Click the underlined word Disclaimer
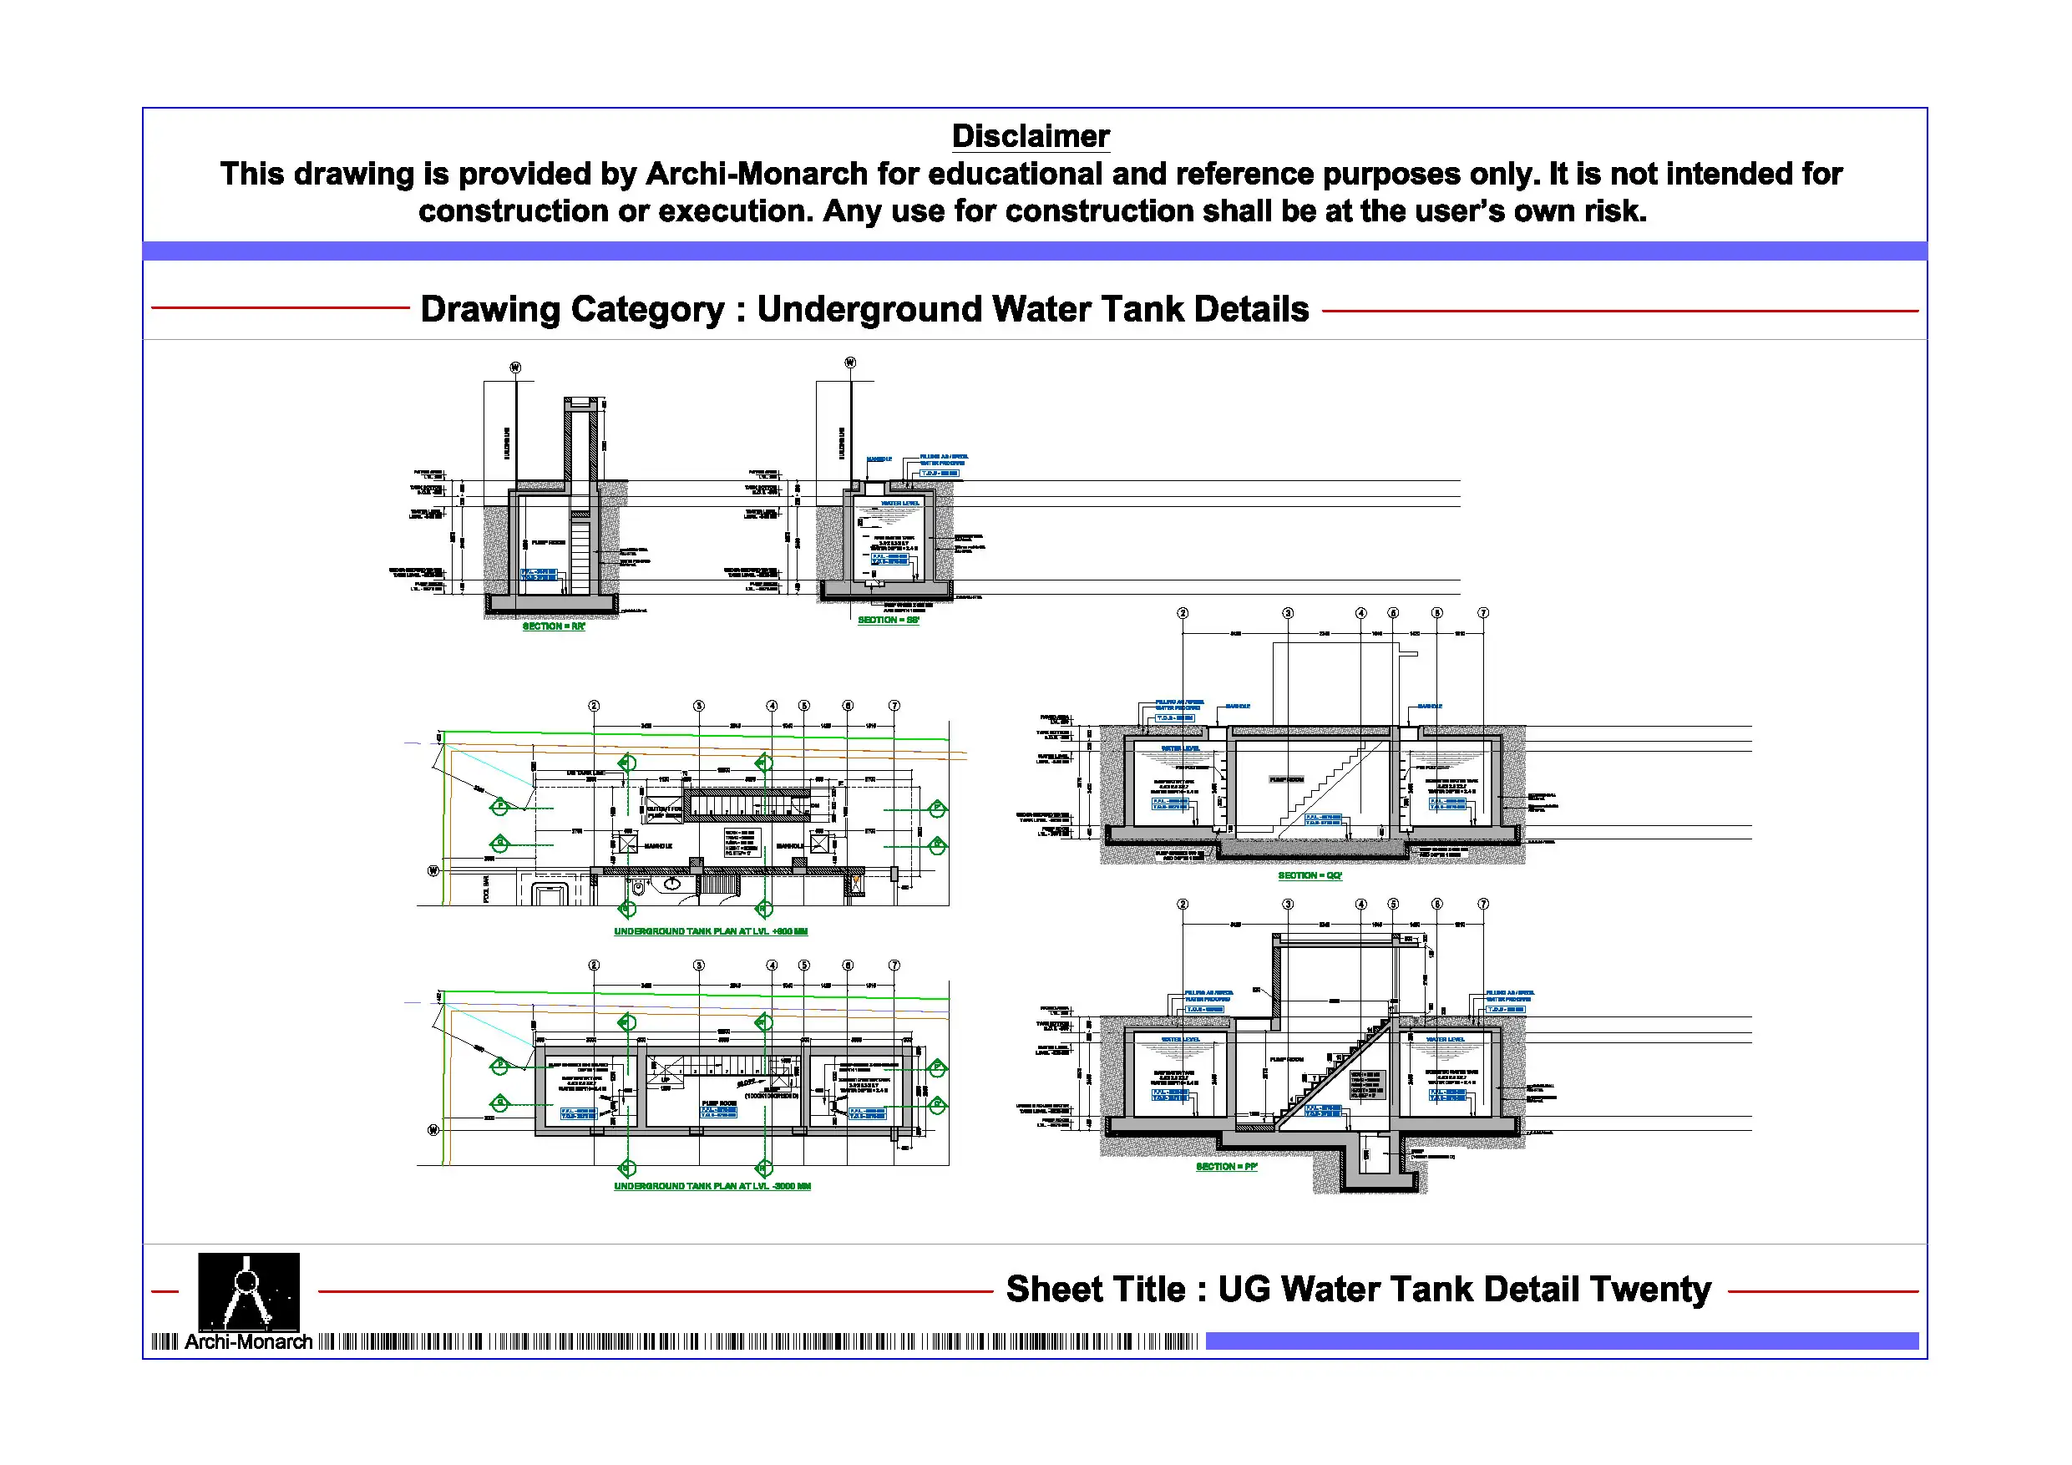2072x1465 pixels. point(1030,136)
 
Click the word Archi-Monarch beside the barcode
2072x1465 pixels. point(248,1341)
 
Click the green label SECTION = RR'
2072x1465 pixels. point(553,626)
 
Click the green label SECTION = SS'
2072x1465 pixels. point(888,620)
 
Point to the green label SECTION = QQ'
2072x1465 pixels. point(1310,875)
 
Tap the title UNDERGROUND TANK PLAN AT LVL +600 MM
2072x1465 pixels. point(710,931)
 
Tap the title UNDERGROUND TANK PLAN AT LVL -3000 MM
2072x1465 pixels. point(712,1186)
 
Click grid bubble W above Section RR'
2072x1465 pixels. point(515,368)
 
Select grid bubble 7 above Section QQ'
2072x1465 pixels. point(1482,613)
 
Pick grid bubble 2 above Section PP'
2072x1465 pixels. point(1183,905)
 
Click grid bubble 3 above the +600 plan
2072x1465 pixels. point(698,706)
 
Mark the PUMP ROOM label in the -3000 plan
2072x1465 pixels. point(719,1103)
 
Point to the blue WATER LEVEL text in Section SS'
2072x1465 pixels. point(899,504)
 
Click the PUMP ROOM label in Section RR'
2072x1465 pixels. point(548,543)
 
